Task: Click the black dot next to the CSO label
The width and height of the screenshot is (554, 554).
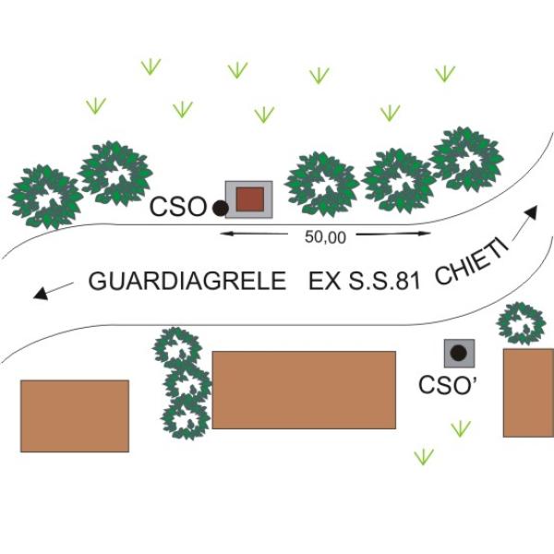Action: [221, 208]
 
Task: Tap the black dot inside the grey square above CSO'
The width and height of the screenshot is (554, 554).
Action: [459, 353]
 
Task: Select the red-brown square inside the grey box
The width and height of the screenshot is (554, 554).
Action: [250, 199]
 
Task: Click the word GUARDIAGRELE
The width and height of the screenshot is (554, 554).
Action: [187, 282]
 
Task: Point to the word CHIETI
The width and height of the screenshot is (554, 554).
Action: [472, 262]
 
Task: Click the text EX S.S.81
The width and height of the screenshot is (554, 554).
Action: [365, 282]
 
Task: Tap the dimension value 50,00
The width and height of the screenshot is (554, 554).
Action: [325, 237]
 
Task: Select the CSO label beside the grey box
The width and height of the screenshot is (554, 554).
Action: [177, 207]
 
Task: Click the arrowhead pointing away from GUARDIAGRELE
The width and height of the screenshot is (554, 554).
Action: [41, 294]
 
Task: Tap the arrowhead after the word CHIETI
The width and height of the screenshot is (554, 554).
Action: [531, 212]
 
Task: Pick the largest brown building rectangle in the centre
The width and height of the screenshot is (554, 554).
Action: [304, 390]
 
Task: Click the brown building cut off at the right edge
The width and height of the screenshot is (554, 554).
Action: [528, 393]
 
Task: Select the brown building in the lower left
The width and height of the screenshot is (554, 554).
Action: [75, 416]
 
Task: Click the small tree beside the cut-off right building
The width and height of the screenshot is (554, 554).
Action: [522, 323]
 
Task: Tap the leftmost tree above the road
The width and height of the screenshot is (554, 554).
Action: [46, 197]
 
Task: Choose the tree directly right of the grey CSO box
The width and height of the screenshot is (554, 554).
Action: [322, 184]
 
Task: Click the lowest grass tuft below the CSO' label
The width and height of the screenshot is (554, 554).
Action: [424, 456]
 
